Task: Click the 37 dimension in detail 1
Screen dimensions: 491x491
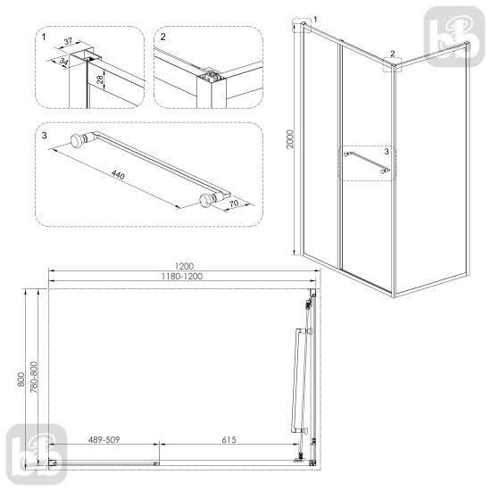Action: (69, 41)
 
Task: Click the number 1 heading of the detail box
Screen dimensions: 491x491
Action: (44, 38)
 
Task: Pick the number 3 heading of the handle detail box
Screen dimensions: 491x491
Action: (44, 135)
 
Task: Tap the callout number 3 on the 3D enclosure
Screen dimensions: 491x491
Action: (386, 152)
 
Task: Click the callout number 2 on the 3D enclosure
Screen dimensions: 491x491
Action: (393, 53)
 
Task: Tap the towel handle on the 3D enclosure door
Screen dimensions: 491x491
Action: (366, 164)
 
